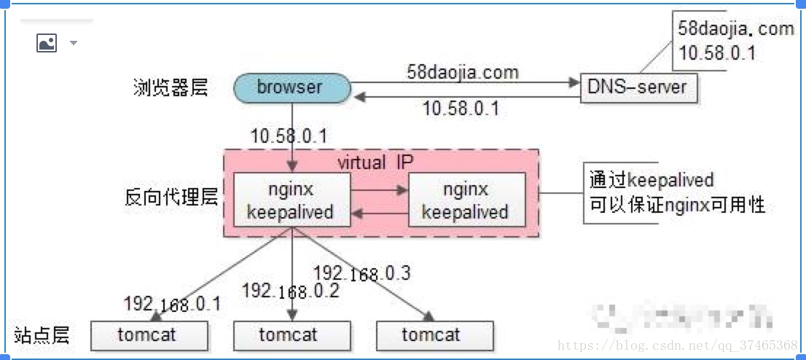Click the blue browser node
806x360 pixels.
(290, 87)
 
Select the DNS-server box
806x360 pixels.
(637, 87)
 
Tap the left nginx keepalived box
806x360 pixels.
(290, 200)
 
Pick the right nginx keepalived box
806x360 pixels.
(466, 200)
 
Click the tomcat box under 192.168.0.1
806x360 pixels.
(148, 335)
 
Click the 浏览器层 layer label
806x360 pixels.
(171, 88)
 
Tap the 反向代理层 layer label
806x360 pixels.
(171, 197)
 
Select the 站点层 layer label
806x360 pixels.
(42, 335)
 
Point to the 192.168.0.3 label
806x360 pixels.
(361, 273)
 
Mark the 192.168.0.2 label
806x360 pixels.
(290, 291)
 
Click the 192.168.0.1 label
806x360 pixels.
(172, 304)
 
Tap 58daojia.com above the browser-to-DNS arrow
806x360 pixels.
(463, 72)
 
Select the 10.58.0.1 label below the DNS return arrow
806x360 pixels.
(461, 109)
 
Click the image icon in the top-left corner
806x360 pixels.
(47, 43)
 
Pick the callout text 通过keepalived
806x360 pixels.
(652, 180)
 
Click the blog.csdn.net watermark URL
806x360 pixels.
(677, 344)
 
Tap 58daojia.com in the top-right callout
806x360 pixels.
(736, 29)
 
